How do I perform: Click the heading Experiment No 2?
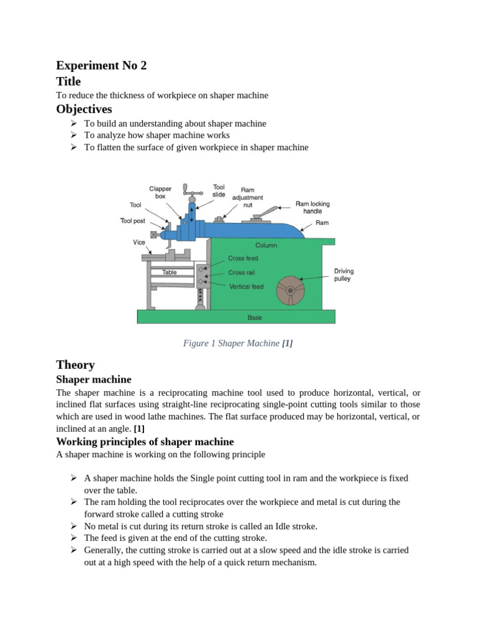[101, 65]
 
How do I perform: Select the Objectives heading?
[84, 109]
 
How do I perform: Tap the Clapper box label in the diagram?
[160, 192]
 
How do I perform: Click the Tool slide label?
[219, 190]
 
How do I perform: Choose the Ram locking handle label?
[312, 207]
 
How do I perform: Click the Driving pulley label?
[343, 275]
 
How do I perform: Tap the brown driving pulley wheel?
[290, 291]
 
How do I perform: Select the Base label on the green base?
[255, 317]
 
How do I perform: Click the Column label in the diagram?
[266, 245]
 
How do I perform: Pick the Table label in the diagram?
[170, 272]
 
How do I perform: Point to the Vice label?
[139, 242]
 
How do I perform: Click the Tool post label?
[132, 220]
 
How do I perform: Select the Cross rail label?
[241, 273]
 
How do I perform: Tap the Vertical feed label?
[246, 286]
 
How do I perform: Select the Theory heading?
[75, 365]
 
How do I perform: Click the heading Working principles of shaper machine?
[145, 442]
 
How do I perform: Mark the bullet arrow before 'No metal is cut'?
[73, 525]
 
